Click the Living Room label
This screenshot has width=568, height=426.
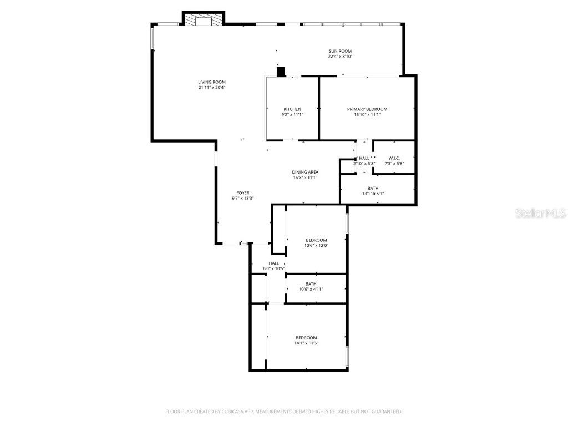(212, 82)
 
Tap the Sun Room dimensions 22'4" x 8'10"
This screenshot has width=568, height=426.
(340, 57)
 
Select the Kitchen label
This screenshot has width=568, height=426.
(292, 109)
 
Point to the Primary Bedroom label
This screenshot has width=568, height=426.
(367, 109)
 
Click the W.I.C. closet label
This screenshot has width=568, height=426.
(394, 158)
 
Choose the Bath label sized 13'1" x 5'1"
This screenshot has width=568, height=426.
(373, 189)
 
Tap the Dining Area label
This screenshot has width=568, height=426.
(305, 172)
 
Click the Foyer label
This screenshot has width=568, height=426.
(243, 193)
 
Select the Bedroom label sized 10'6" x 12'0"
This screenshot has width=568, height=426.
(316, 240)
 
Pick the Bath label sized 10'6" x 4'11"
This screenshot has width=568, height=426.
(311, 284)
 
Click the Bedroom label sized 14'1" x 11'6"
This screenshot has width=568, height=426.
(306, 338)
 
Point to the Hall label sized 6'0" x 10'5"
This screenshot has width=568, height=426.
(274, 263)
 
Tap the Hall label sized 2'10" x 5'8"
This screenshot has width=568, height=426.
(364, 158)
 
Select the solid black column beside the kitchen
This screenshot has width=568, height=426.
(281, 71)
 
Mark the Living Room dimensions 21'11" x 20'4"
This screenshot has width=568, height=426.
(212, 88)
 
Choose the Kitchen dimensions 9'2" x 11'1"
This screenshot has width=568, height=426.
(292, 115)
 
